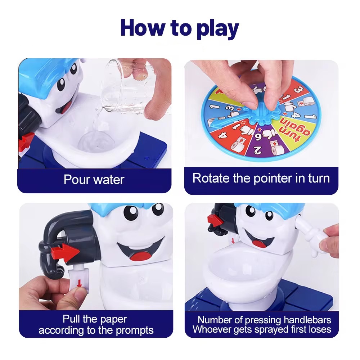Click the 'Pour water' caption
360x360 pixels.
pyautogui.click(x=94, y=179)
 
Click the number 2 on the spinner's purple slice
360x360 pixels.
pyautogui.click(x=257, y=149)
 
